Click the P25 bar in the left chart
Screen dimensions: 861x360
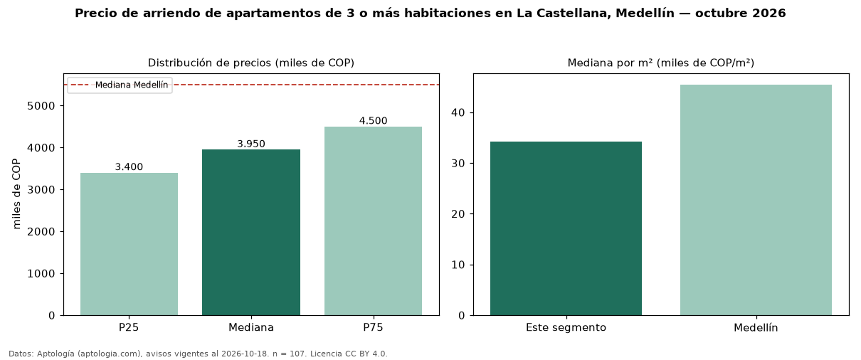(x=129, y=244)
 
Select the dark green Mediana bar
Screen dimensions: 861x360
(x=251, y=233)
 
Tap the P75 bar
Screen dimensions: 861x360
(x=373, y=221)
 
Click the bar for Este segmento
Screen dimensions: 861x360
(x=566, y=228)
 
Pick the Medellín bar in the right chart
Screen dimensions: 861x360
(x=756, y=200)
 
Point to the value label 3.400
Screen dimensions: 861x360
(x=129, y=166)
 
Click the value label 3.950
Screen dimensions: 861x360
(x=251, y=144)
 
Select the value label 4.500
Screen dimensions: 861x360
(x=373, y=121)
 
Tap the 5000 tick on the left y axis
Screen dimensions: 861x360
(x=41, y=106)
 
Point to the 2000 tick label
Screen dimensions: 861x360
(x=41, y=232)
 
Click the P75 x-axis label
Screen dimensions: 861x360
(x=373, y=327)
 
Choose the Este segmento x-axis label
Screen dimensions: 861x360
(x=566, y=328)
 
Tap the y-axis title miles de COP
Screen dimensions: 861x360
(x=16, y=194)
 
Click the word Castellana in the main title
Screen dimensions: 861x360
(x=572, y=13)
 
